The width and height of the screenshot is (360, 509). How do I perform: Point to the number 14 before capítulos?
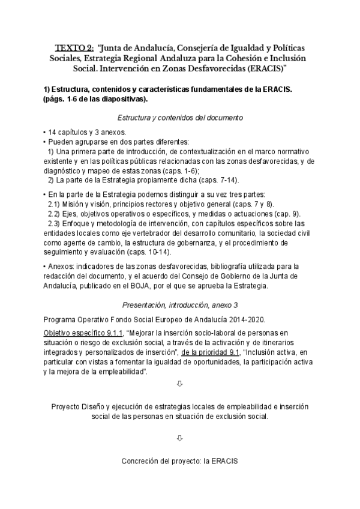coord(52,132)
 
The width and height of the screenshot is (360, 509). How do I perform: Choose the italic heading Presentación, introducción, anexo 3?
coord(179,304)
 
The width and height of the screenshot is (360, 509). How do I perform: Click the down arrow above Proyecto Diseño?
coord(180,384)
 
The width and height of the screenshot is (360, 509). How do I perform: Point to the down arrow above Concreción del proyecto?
coord(180,439)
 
